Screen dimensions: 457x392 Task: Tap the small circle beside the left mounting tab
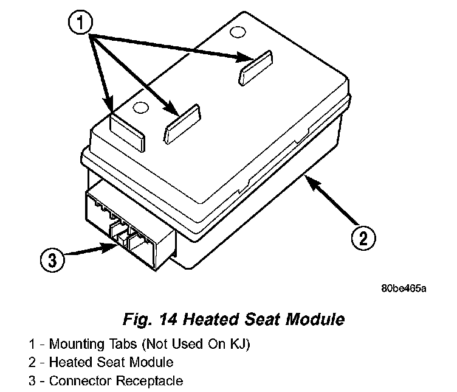[140, 108]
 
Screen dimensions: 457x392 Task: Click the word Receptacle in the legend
[153, 382]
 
